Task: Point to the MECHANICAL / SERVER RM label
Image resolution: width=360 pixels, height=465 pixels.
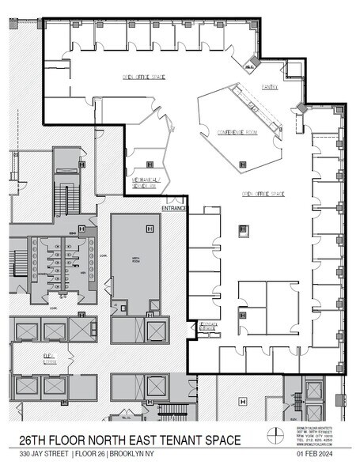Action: click(x=143, y=183)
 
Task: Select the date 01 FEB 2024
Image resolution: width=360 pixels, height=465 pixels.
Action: click(x=313, y=454)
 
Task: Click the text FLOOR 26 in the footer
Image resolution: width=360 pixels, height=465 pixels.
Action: click(x=94, y=454)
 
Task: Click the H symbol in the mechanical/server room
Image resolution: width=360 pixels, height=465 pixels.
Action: click(x=150, y=164)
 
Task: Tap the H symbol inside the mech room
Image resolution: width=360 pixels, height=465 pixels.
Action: click(x=148, y=229)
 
